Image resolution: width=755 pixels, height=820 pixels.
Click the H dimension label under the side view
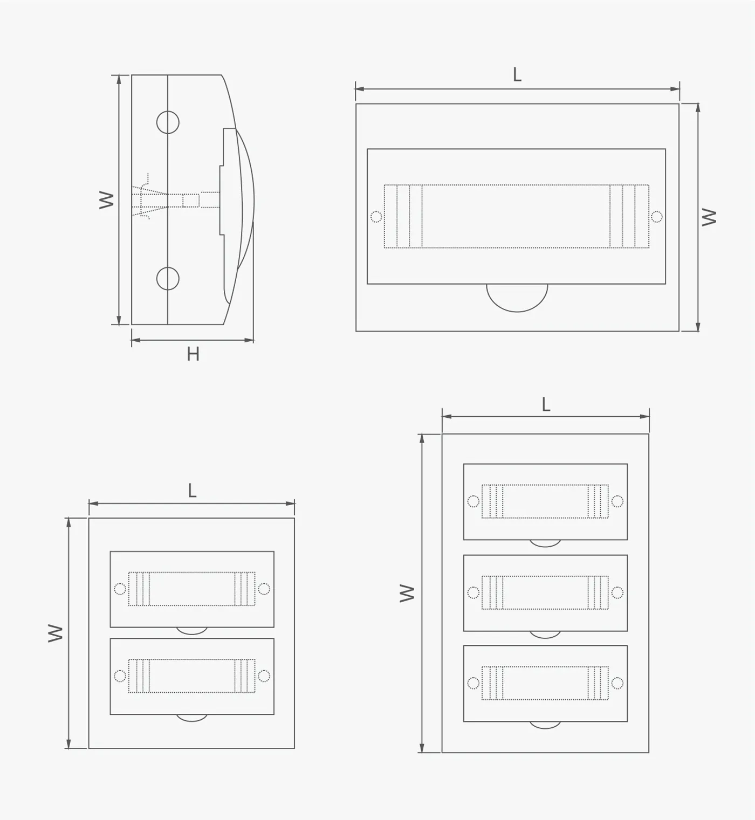click(x=193, y=354)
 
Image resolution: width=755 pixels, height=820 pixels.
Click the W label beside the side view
click(x=106, y=200)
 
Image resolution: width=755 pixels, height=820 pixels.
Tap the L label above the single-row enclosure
click(x=517, y=74)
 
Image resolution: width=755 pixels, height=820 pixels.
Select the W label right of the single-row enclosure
click(x=709, y=217)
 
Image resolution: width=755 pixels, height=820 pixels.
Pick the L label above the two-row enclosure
click(x=192, y=490)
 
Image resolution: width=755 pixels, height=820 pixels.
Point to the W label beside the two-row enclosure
click(x=55, y=633)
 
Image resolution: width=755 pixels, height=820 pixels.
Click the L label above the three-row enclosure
click(x=546, y=404)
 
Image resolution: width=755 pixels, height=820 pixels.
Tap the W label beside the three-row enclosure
click(x=407, y=593)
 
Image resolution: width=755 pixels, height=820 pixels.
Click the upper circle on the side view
click(x=168, y=122)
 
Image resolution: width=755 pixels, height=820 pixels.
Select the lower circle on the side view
click(x=168, y=278)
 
